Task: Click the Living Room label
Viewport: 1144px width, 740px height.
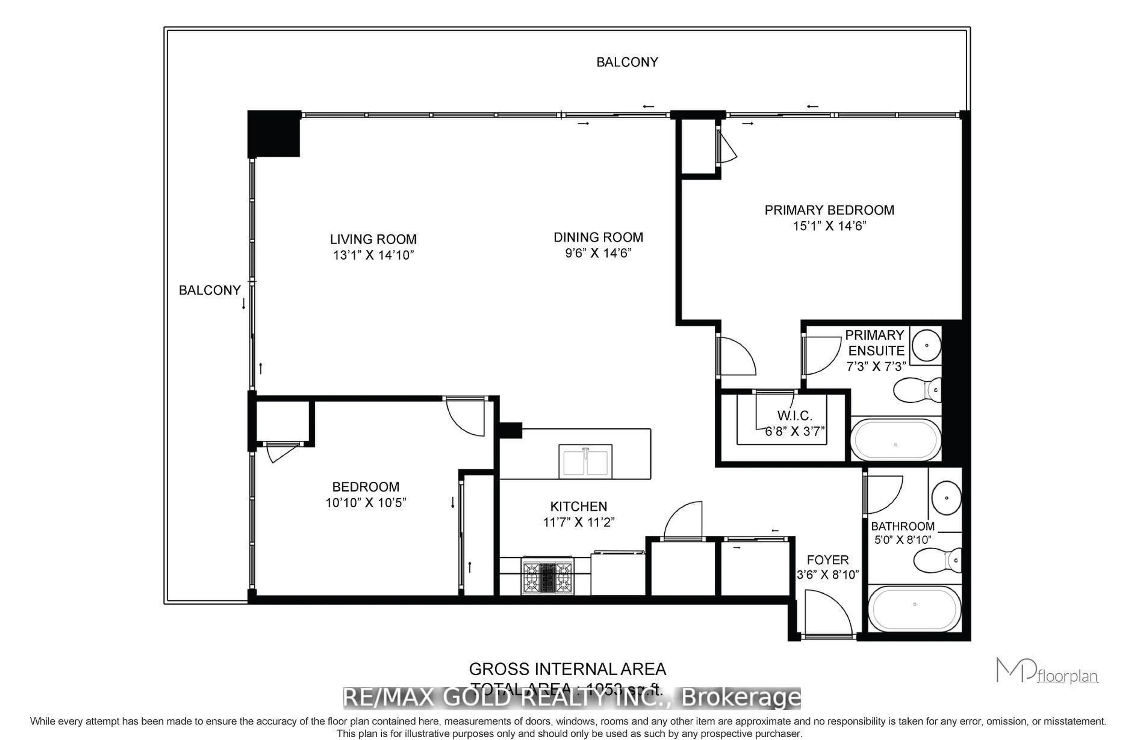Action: [x=373, y=239]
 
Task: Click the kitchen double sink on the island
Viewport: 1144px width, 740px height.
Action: [x=585, y=461]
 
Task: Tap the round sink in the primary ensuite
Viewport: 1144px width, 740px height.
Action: [x=926, y=345]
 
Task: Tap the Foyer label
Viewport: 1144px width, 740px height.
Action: [x=827, y=560]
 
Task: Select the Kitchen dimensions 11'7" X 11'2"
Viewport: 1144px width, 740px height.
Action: [x=579, y=522]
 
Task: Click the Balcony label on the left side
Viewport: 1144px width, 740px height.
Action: [x=209, y=290]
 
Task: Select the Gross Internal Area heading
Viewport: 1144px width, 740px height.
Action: [x=567, y=669]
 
